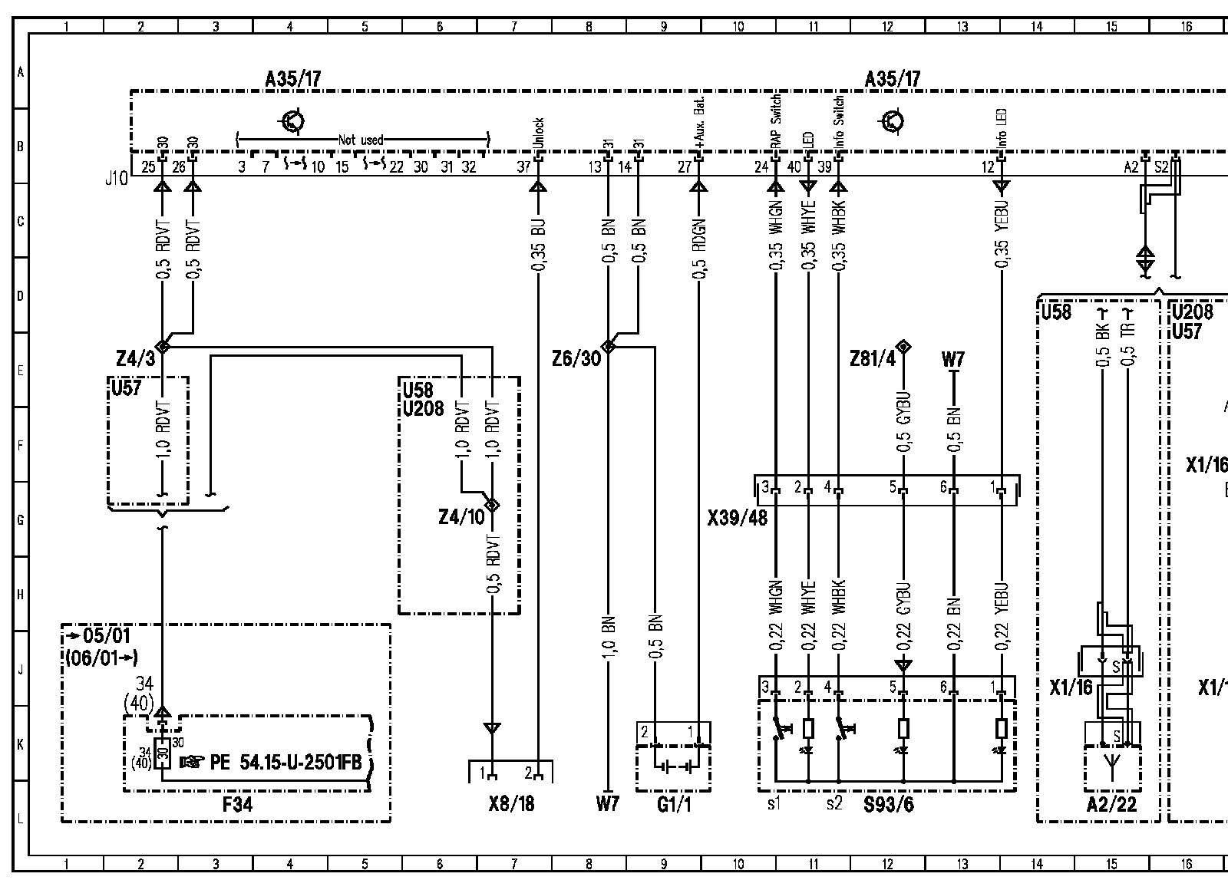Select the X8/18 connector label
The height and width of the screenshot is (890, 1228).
[511, 804]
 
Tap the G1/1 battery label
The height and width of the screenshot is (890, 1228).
[673, 804]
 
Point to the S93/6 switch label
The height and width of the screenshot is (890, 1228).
[888, 804]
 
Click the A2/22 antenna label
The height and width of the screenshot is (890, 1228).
[1111, 804]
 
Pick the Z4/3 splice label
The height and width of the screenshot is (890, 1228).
[136, 359]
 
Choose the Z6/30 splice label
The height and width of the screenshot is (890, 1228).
[576, 358]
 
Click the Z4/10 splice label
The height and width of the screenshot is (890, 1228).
[462, 517]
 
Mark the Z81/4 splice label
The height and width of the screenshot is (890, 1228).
[873, 358]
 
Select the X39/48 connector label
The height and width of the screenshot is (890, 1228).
[737, 519]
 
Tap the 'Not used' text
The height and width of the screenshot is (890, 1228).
[361, 140]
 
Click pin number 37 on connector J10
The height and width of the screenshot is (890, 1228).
[523, 167]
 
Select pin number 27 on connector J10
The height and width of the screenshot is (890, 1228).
[684, 167]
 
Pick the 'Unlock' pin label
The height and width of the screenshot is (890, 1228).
[539, 133]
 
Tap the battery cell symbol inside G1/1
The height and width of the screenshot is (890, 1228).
[673, 767]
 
